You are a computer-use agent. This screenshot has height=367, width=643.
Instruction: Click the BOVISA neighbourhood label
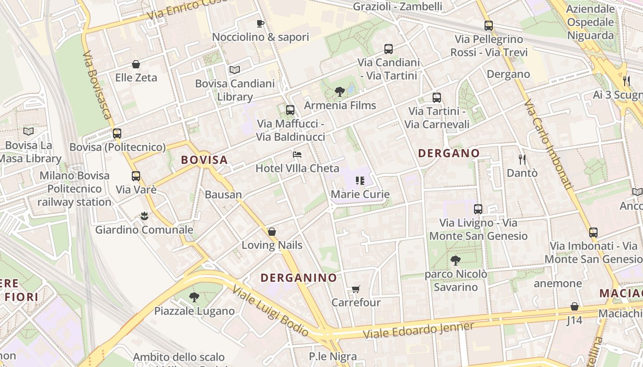pos(204,160)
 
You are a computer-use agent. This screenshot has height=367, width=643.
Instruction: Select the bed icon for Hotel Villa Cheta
pos(297,155)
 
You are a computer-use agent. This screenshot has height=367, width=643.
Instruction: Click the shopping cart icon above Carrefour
pos(356,289)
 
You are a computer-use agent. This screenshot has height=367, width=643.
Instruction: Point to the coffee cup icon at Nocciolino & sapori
pos(260,23)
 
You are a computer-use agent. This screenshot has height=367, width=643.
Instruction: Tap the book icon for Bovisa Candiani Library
pos(235,70)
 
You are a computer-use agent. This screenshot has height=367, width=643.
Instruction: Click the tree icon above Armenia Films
pos(340,92)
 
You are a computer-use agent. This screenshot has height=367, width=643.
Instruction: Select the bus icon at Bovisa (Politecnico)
pos(117,133)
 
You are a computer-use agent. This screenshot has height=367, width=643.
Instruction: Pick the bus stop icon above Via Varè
pos(136,176)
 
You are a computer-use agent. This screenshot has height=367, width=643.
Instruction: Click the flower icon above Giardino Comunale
pos(144,216)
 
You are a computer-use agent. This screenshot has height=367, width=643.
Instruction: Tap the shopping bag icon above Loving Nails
pos(272,232)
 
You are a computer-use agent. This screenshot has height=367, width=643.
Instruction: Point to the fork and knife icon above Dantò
pos(522,160)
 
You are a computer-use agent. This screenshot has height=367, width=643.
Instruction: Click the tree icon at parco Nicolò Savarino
pos(456,261)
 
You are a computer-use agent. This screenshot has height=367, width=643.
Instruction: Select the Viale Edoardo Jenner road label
pos(418,330)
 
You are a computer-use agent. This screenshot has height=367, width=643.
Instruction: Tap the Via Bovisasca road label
pos(97,85)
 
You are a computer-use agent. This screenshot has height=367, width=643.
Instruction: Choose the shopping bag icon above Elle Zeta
pos(136,64)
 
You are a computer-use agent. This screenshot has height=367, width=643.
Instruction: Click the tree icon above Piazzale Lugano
pos(194,297)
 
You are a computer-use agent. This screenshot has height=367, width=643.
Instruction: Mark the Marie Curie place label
pos(360,194)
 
